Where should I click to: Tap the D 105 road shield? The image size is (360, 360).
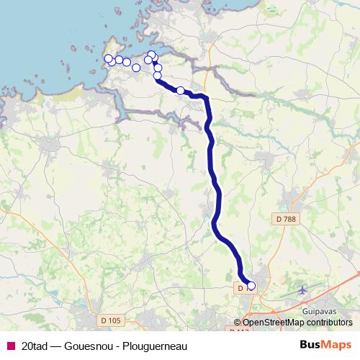pos(110,320)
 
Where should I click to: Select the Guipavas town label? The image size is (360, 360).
pos(320,310)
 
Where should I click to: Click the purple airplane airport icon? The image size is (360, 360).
pos(302,289)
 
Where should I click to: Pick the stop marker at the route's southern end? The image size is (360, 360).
pos(251,286)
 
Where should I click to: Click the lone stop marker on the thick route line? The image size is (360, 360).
pos(181,91)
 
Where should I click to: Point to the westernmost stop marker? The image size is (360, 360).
pos(109,58)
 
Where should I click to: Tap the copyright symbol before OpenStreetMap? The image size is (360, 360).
pos(238,323)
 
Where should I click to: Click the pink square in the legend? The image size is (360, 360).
pos(10,346)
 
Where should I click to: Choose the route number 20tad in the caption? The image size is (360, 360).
pos(35,346)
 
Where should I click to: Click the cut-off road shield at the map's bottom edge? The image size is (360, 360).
pos(238,329)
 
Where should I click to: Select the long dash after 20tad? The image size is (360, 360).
pos(56,346)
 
